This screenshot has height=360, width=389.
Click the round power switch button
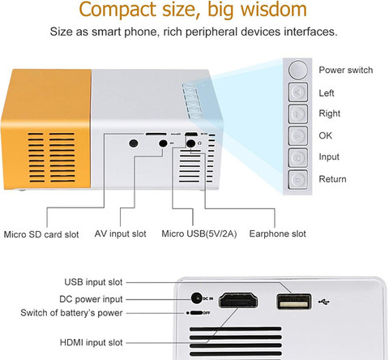[x=298, y=70]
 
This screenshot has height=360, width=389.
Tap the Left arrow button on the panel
[x=298, y=92]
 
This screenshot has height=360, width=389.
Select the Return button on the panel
[x=298, y=179]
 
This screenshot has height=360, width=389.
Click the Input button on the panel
[x=298, y=157]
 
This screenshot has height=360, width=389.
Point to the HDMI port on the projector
[x=238, y=300]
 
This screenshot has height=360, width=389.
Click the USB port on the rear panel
[x=294, y=302]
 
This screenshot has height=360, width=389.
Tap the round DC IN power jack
[x=197, y=298]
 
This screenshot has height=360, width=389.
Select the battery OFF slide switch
[x=196, y=313]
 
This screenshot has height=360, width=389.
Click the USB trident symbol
[x=324, y=302]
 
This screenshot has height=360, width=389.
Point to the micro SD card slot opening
[x=156, y=134]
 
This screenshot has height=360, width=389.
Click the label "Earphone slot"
[x=277, y=234]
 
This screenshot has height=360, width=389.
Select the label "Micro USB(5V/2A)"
[x=199, y=234]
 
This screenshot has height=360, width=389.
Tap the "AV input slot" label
[x=120, y=234]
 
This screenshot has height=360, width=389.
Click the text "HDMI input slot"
[x=92, y=342]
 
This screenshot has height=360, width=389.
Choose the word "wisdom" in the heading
[x=273, y=9]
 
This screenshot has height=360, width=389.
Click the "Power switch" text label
[x=346, y=70]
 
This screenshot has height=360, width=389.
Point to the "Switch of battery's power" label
[x=71, y=313]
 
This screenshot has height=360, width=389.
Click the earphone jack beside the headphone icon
[x=190, y=144]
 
